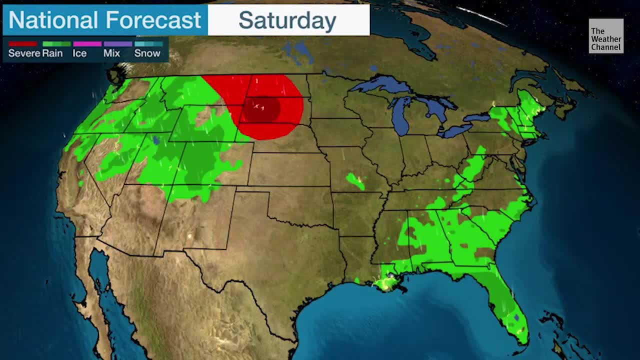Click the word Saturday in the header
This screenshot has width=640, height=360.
click(287, 20)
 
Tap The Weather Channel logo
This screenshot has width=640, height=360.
click(605, 36)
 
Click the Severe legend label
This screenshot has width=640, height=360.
click(24, 53)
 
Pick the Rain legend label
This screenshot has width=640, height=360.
click(52, 53)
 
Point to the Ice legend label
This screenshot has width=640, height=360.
click(79, 53)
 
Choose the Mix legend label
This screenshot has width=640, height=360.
click(111, 53)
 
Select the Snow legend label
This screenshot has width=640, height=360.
click(147, 53)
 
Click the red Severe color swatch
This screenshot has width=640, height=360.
click(22, 44)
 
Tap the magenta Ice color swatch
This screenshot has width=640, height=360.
click(87, 44)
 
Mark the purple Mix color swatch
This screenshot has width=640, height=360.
click(117, 44)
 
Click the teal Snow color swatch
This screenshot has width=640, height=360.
click(148, 44)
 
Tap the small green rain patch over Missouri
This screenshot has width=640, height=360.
click(355, 181)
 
